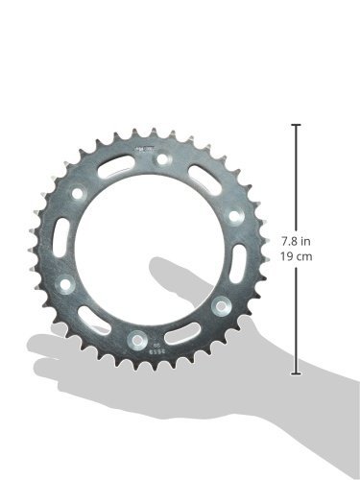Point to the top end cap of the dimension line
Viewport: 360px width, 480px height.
click(296, 125)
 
